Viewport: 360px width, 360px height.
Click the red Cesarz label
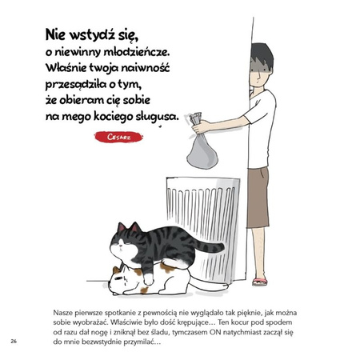[x=118, y=137]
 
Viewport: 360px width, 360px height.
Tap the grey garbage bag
[x=202, y=151]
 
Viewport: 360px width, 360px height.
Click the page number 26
[x=14, y=342]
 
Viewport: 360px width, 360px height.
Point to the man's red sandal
[x=259, y=281]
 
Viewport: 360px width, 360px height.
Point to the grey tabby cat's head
[x=127, y=238]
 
